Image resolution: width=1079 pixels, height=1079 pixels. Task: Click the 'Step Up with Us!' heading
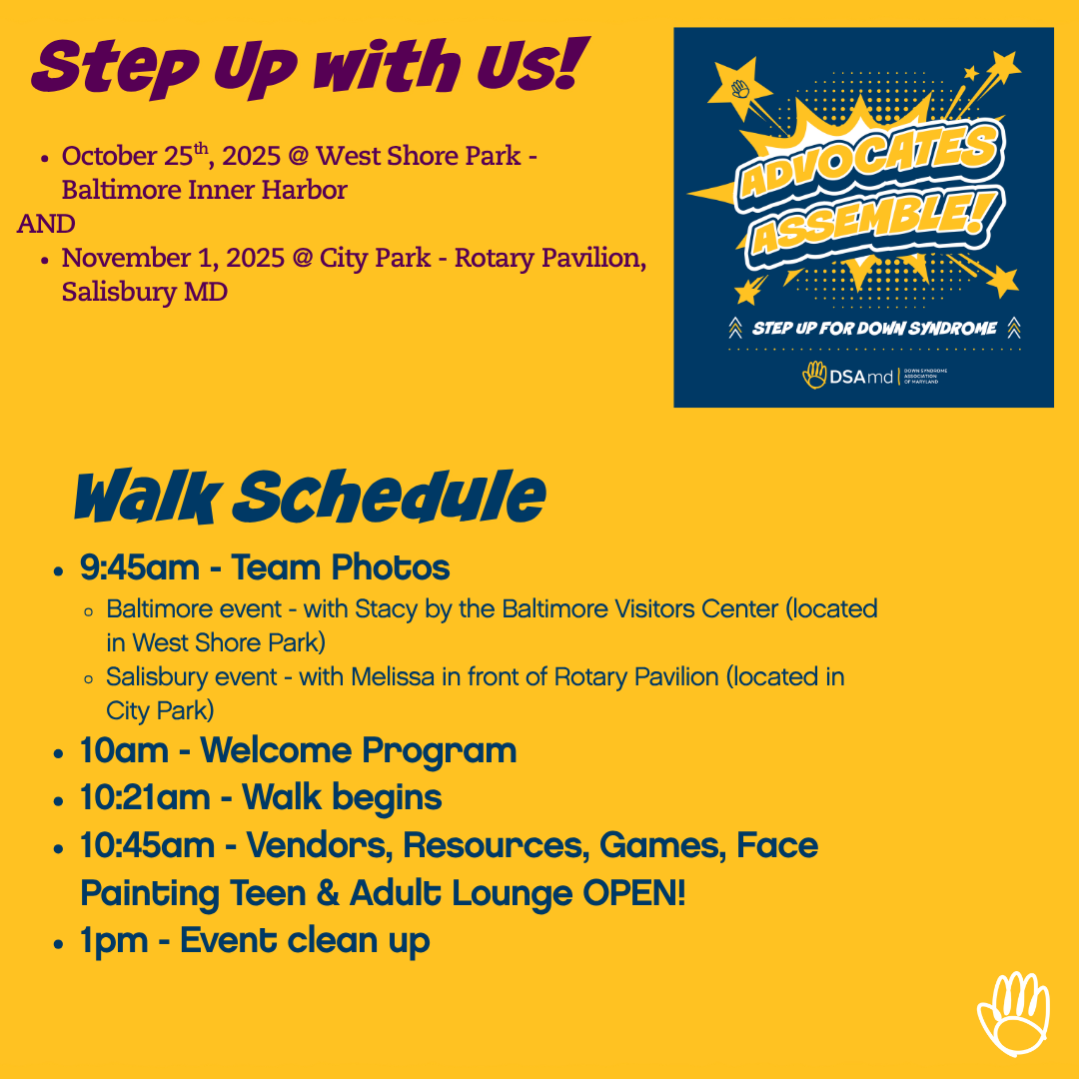[311, 67]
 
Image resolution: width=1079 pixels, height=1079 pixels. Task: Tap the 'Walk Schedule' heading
[310, 496]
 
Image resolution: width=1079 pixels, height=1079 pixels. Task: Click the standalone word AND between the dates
[46, 224]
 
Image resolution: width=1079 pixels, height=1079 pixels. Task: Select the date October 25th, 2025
[171, 155]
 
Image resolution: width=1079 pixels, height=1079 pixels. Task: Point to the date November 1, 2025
[173, 258]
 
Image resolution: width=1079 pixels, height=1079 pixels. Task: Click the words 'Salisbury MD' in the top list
[145, 292]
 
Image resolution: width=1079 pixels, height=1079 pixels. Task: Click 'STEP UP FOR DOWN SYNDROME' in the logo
[874, 329]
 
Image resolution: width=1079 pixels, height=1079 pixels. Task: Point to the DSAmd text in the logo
[861, 377]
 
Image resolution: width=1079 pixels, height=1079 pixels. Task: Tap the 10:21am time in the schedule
[145, 797]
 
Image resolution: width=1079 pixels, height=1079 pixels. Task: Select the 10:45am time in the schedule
[147, 845]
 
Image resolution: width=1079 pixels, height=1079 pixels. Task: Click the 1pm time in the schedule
[114, 941]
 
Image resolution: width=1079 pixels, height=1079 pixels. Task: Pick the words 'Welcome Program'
[359, 750]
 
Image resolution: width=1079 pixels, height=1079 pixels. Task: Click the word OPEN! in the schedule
[633, 893]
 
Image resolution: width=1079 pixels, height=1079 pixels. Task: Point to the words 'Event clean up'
[305, 941]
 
